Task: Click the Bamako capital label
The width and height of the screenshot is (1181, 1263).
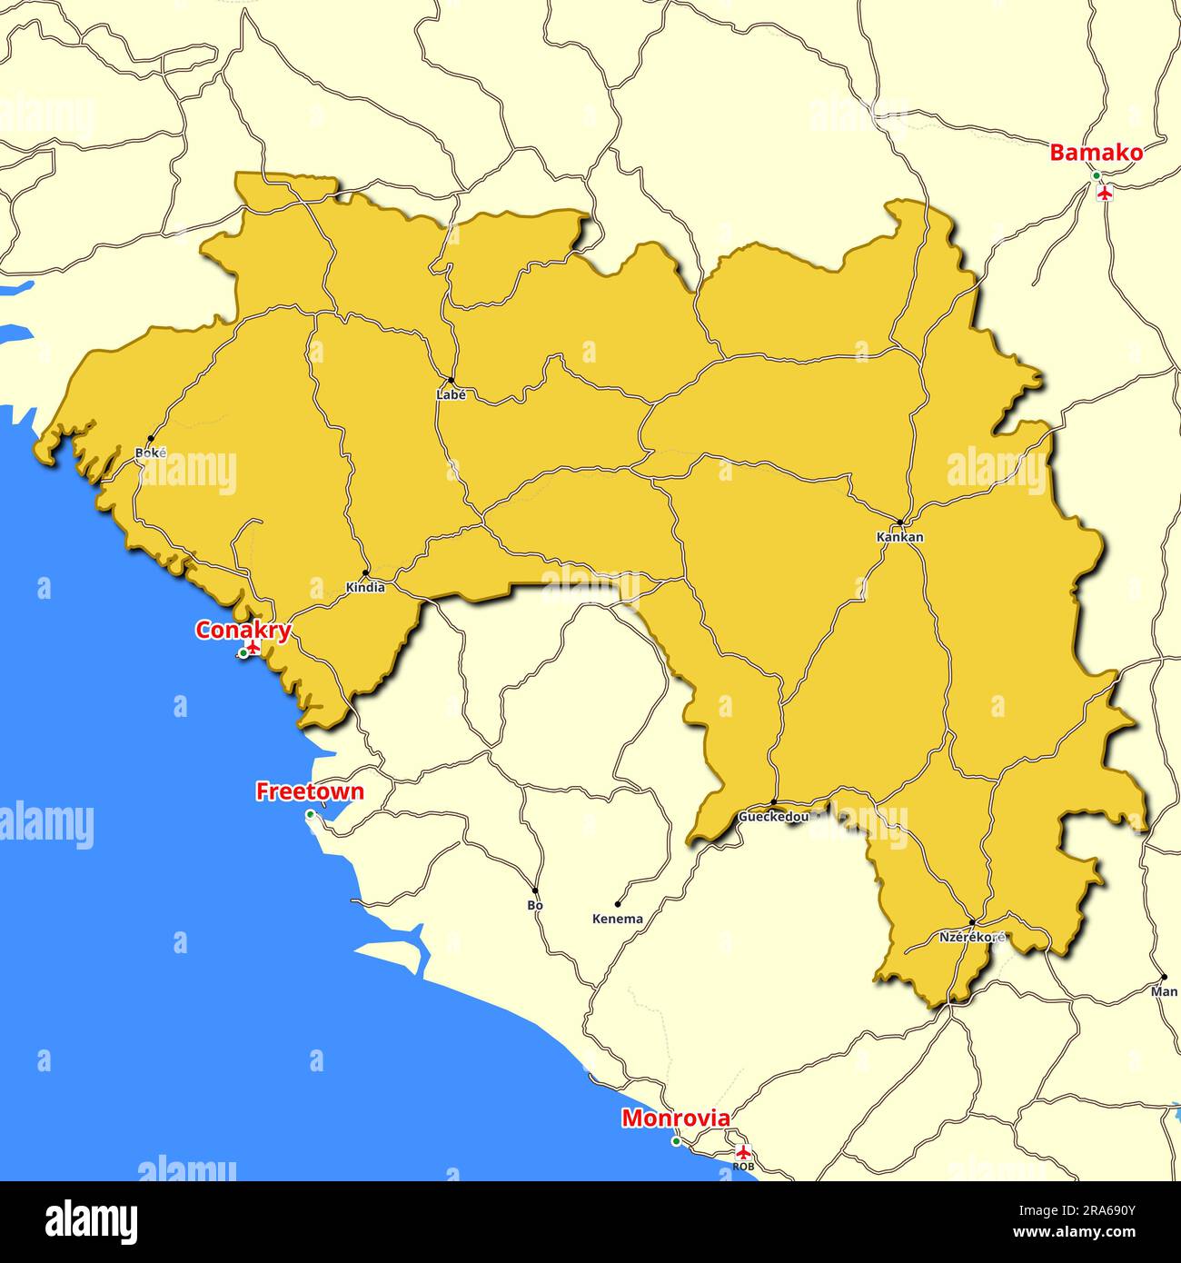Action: (1096, 153)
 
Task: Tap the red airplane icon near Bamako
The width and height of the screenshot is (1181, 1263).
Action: (1105, 193)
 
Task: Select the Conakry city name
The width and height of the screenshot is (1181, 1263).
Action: (243, 630)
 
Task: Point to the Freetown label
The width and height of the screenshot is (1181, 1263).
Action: (310, 791)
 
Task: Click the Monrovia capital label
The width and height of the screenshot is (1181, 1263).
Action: (675, 1119)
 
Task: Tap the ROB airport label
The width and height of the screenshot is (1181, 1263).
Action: (743, 1166)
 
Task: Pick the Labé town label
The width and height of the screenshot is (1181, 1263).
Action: (451, 395)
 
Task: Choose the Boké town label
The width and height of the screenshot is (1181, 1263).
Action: (150, 452)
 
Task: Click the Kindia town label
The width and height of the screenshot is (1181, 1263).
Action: (365, 588)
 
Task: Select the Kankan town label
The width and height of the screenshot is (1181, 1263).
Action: (899, 537)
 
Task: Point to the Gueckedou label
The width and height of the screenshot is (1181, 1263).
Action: (773, 817)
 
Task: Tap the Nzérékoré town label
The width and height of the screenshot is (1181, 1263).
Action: (972, 936)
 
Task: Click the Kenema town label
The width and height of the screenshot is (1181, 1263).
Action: (618, 919)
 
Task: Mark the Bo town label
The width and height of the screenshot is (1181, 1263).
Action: (535, 905)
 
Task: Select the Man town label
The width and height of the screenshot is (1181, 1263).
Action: (1164, 991)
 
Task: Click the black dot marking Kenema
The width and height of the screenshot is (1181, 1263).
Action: (618, 904)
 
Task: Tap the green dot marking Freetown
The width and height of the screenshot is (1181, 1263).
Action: (310, 814)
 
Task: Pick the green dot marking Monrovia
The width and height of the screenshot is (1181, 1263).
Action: (676, 1141)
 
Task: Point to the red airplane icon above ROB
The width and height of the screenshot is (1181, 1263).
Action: (744, 1152)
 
